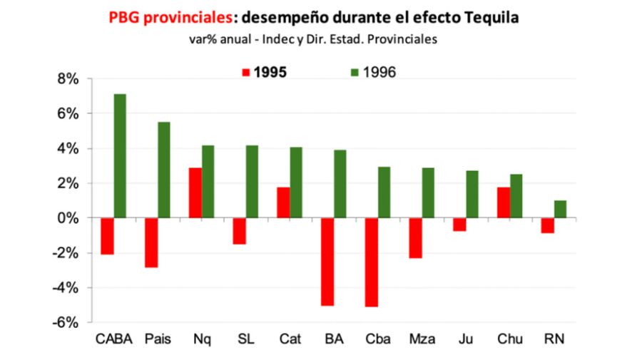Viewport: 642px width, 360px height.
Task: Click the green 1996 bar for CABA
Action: pos(120,155)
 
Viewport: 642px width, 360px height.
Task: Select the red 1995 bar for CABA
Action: pos(107,236)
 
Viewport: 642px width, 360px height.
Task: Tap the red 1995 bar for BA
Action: pos(327,262)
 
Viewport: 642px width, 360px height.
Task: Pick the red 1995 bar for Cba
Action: pos(372,262)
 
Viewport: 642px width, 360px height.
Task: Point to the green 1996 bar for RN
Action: pos(561,209)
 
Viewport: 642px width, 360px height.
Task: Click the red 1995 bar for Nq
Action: pos(195,192)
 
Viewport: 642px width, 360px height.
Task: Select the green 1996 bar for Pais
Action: pos(164,170)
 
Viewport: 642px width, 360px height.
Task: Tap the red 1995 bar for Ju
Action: pos(459,225)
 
